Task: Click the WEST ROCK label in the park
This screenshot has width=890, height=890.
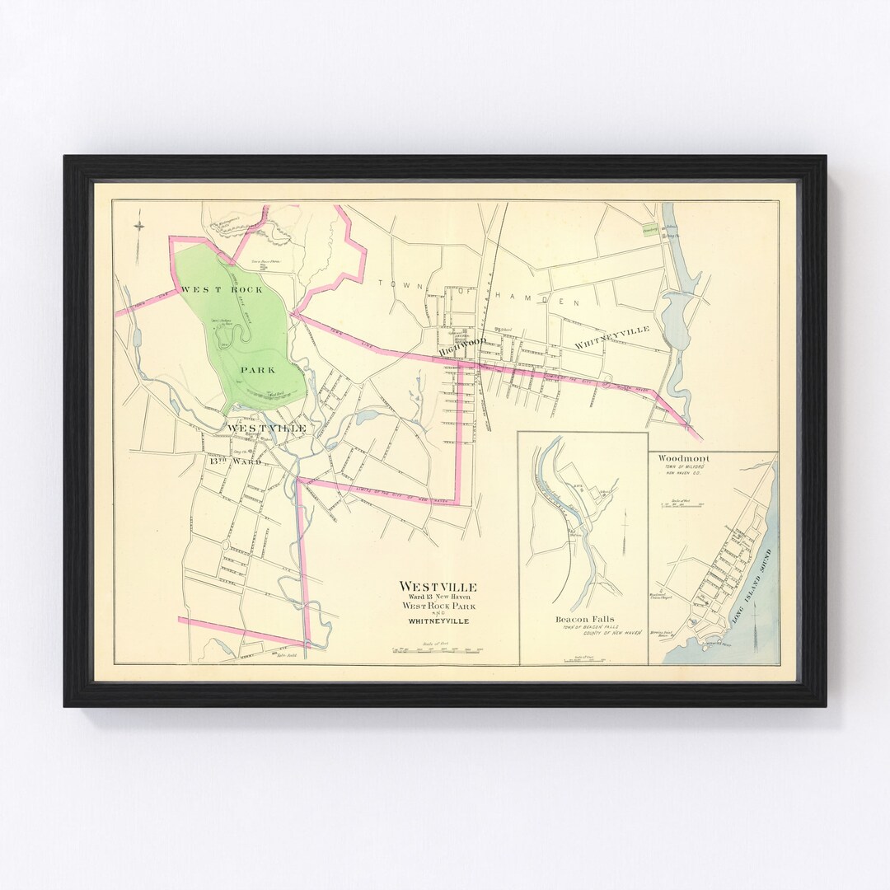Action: [x=222, y=289]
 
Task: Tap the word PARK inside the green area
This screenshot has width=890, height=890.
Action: [x=258, y=370]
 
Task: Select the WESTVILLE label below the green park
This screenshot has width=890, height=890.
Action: [x=266, y=429]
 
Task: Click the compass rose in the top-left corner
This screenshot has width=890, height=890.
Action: [x=139, y=223]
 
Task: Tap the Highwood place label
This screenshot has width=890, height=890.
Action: [x=461, y=349]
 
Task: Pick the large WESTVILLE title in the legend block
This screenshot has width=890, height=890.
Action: [x=438, y=586]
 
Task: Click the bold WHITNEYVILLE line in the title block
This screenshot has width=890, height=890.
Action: [x=438, y=621]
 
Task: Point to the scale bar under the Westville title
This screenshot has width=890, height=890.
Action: [x=438, y=650]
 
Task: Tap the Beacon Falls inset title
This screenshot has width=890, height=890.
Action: [x=583, y=619]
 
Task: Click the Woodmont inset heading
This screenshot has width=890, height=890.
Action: [x=678, y=458]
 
